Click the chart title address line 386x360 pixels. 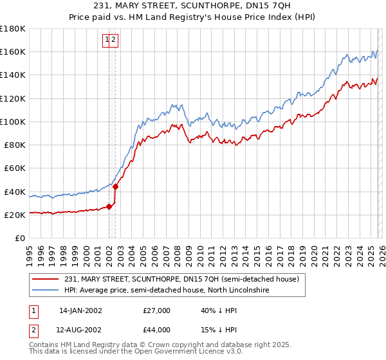click(192, 6)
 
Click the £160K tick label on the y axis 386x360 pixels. click(13, 51)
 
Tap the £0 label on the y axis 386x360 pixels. click(20, 239)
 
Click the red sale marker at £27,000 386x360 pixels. click(109, 206)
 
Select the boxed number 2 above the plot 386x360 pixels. click(114, 40)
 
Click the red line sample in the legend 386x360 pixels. click(46, 280)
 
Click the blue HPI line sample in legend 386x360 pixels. click(46, 291)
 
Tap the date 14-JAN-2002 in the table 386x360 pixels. click(80, 310)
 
